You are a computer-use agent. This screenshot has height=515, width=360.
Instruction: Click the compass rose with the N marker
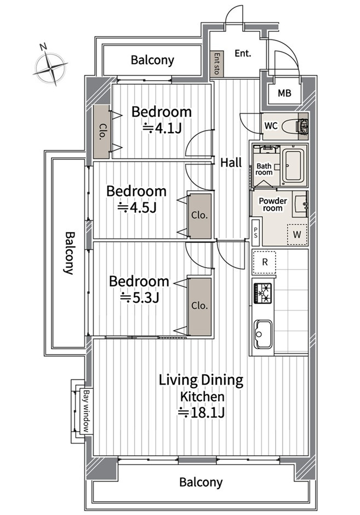tap(50, 67)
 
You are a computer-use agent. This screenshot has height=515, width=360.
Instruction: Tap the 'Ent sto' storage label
tap(216, 64)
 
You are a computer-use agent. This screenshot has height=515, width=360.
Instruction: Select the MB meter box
tap(284, 93)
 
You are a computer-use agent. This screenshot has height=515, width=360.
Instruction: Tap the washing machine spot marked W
tap(297, 234)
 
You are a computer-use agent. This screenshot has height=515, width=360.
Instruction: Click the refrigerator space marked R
tap(264, 262)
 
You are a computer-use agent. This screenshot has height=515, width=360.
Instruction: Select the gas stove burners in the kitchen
tap(262, 293)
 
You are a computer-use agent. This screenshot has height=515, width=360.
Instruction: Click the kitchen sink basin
tap(263, 334)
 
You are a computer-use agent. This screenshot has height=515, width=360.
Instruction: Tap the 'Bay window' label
tap(87, 411)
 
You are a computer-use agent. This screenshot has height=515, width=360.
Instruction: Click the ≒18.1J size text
tap(201, 412)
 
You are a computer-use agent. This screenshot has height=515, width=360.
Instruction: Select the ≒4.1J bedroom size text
tap(162, 128)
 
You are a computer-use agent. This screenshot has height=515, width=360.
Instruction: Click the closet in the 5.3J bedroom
tap(199, 307)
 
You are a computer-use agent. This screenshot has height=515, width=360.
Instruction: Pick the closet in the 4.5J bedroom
tap(199, 216)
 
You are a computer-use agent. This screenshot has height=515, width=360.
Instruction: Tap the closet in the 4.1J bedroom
tap(101, 132)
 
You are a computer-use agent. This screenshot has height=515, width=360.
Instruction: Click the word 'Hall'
tap(231, 162)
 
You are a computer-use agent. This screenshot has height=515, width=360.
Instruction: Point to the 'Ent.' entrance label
tap(243, 53)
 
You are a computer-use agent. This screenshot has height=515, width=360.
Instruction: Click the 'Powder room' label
tap(273, 204)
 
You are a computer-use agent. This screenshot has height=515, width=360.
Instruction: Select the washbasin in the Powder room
tap(300, 204)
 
